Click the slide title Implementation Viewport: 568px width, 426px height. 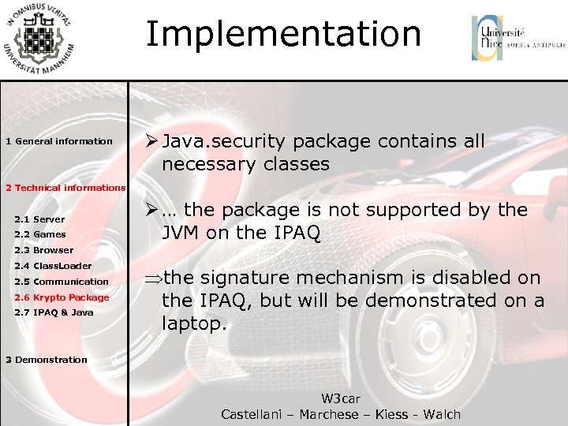[283, 35]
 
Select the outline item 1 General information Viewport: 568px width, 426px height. [59, 142]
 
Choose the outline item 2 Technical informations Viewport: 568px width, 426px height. [65, 188]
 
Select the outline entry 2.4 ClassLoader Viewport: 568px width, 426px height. [53, 266]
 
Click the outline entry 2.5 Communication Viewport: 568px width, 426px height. [62, 282]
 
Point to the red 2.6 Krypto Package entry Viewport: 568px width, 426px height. [62, 297]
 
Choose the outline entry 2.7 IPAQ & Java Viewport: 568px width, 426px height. [54, 312]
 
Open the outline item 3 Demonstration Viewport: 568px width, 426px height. [47, 360]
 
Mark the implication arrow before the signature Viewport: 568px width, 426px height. [152, 278]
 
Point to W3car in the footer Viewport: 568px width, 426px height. [341, 399]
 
